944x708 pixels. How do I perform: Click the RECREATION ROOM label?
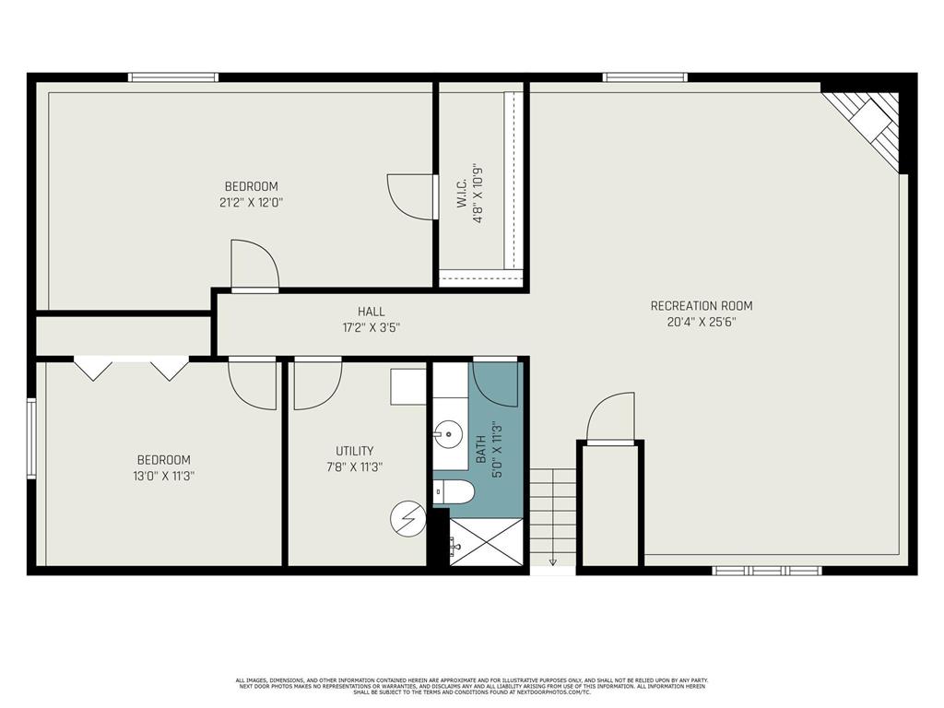pyautogui.click(x=701, y=306)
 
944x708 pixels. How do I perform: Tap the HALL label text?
pyautogui.click(x=372, y=312)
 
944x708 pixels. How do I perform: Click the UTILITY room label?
pyautogui.click(x=354, y=451)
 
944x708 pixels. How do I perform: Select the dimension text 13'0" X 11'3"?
pyautogui.click(x=164, y=476)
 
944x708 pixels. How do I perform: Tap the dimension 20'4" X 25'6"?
pyautogui.click(x=701, y=322)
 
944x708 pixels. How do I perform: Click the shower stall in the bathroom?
pyautogui.click(x=486, y=542)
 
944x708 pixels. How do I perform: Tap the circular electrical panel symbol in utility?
pyautogui.click(x=407, y=519)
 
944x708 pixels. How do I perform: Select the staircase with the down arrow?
pyautogui.click(x=552, y=516)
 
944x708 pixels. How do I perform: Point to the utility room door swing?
pyautogui.click(x=315, y=383)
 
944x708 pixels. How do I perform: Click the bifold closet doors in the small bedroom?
pyautogui.click(x=131, y=368)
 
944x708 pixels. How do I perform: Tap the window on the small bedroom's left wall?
pyautogui.click(x=31, y=438)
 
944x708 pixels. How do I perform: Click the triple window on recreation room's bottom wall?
pyautogui.click(x=766, y=571)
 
